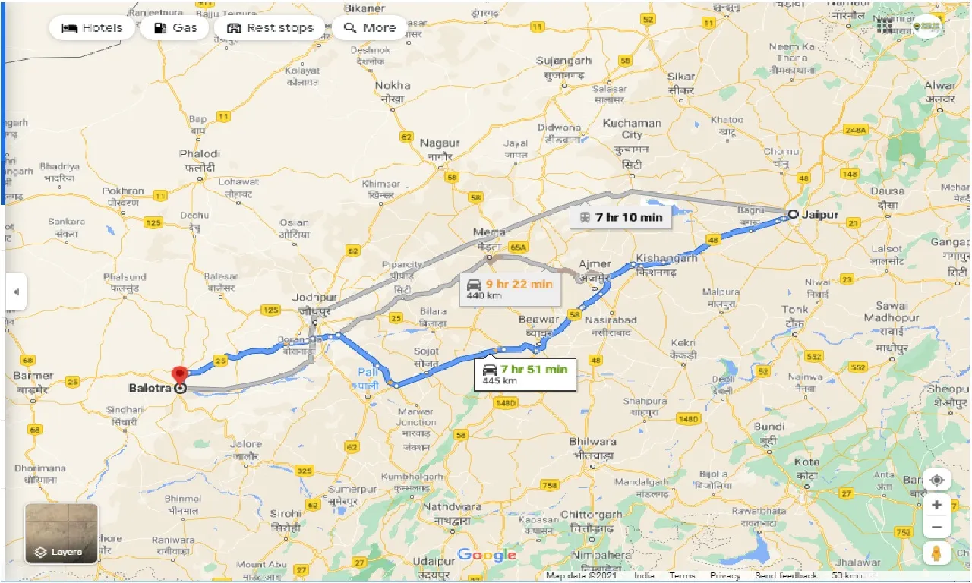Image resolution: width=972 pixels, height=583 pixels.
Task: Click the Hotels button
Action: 92,28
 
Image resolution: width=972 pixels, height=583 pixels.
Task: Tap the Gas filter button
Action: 175,28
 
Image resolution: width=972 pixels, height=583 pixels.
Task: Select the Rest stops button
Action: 270,28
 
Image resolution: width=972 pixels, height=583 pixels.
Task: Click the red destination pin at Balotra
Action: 180,374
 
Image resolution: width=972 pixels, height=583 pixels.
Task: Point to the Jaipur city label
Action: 819,214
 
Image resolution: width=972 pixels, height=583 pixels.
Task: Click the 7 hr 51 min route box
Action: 525,374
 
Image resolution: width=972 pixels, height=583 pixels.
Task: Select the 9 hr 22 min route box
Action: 510,289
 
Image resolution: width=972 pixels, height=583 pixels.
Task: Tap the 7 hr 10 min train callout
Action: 620,217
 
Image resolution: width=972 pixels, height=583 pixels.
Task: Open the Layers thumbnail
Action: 62,534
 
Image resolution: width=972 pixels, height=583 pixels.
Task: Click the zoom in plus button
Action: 938,505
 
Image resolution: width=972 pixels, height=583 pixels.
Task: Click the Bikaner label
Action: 364,8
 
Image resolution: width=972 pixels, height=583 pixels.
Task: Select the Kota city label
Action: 806,462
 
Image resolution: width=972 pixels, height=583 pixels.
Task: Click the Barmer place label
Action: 33,375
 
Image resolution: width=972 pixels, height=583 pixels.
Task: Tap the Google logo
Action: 487,555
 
